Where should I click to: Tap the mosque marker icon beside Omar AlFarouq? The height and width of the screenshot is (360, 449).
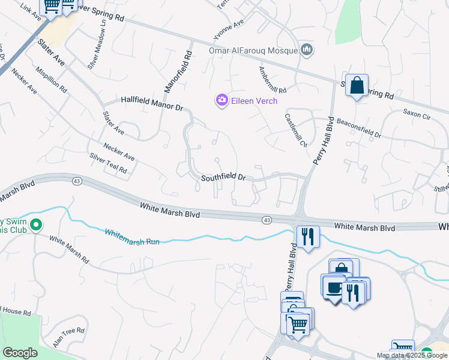coord(307,49)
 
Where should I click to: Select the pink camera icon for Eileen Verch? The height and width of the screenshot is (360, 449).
coord(221,100)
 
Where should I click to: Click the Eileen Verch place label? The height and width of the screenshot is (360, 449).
coord(255,101)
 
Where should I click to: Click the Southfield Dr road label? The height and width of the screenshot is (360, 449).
coord(223,178)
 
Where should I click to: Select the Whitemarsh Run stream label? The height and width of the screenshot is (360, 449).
coord(132,236)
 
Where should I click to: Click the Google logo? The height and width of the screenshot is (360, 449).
coord(20,353)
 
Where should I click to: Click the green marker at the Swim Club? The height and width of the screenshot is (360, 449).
coord(35,226)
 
